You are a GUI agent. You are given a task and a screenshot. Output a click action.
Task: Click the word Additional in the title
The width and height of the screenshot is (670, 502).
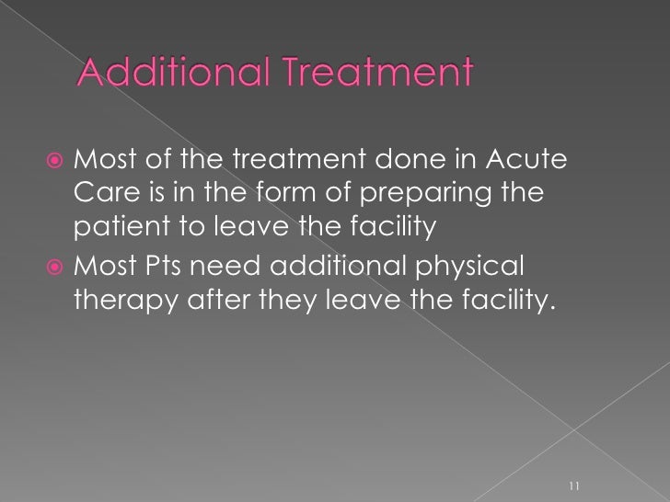[x=171, y=71]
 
